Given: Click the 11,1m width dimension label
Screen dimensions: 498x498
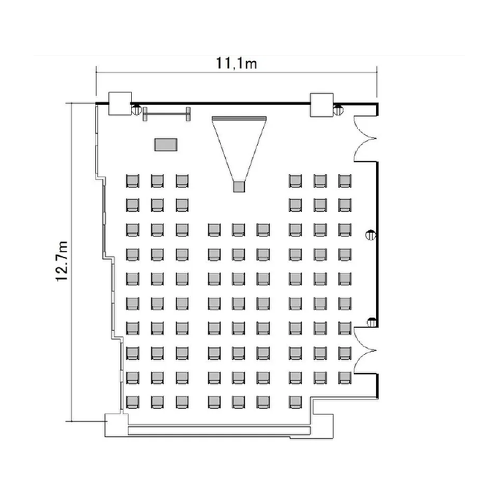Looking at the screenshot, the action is [236, 63].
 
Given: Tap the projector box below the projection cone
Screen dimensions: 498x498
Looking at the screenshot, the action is [239, 187].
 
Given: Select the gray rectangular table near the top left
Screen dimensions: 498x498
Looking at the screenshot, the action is [166, 145].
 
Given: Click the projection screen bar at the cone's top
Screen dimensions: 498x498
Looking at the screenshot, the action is [239, 118].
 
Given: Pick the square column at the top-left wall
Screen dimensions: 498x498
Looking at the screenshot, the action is [120, 104].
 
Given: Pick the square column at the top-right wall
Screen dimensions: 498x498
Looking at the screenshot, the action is [322, 105].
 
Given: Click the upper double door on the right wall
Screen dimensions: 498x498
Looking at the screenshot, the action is [365, 139].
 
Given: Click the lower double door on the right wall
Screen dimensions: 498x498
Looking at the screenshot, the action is [365, 351].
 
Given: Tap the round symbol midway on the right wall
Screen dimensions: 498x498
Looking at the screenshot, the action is [371, 235].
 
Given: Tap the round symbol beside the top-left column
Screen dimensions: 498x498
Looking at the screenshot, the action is [137, 110].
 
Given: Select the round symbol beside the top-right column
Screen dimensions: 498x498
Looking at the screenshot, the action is [338, 110].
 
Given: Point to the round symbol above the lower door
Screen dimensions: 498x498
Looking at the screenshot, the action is [371, 322].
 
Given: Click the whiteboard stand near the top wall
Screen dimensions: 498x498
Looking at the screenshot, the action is [167, 114].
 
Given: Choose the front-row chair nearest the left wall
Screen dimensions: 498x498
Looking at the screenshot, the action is [132, 181].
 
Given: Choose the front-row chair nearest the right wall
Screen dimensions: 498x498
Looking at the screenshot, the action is [345, 181].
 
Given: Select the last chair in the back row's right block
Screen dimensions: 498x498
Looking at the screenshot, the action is [295, 402].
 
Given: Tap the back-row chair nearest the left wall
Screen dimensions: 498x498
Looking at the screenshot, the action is [132, 402].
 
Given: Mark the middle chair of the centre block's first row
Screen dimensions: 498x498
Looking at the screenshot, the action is [238, 230].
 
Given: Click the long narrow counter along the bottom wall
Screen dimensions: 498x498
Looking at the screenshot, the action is [219, 431].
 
